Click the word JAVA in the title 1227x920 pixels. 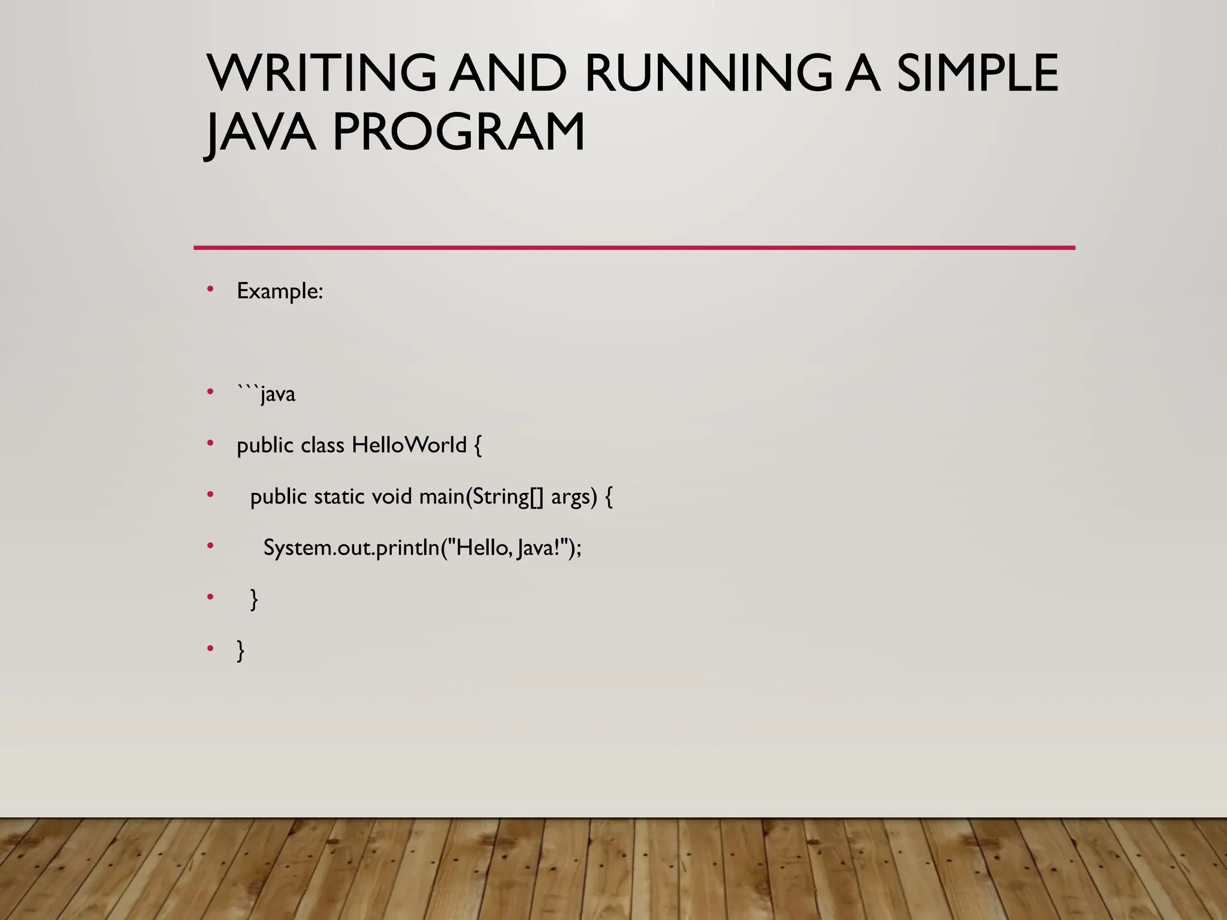pyautogui.click(x=261, y=132)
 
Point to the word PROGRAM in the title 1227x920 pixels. pyautogui.click(x=458, y=132)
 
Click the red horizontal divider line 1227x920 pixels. pyautogui.click(x=634, y=247)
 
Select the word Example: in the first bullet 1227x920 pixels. pyautogui.click(x=280, y=292)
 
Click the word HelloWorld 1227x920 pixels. pyautogui.click(x=409, y=445)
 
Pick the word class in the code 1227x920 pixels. pyautogui.click(x=322, y=445)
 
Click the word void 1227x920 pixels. pyautogui.click(x=392, y=497)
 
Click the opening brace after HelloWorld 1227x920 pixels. pyautogui.click(x=477, y=446)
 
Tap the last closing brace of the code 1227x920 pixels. pyautogui.click(x=241, y=650)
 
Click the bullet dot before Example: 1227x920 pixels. pyautogui.click(x=210, y=289)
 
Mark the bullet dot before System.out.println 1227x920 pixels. pyautogui.click(x=210, y=546)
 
